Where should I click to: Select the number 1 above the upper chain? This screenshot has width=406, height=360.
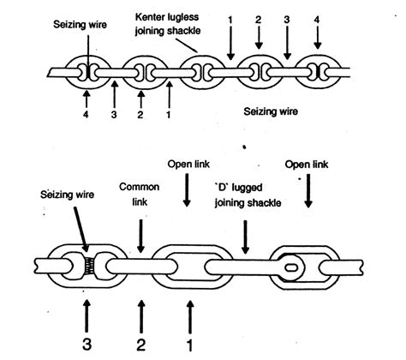(230, 19)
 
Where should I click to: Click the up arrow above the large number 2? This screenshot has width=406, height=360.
(137, 311)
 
